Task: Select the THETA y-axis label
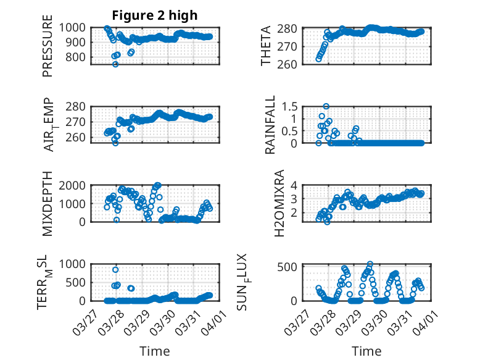point(267,46)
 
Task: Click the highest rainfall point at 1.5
point(326,106)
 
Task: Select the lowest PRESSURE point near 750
point(115,64)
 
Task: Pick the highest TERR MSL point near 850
point(115,269)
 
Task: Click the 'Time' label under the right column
point(366,351)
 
